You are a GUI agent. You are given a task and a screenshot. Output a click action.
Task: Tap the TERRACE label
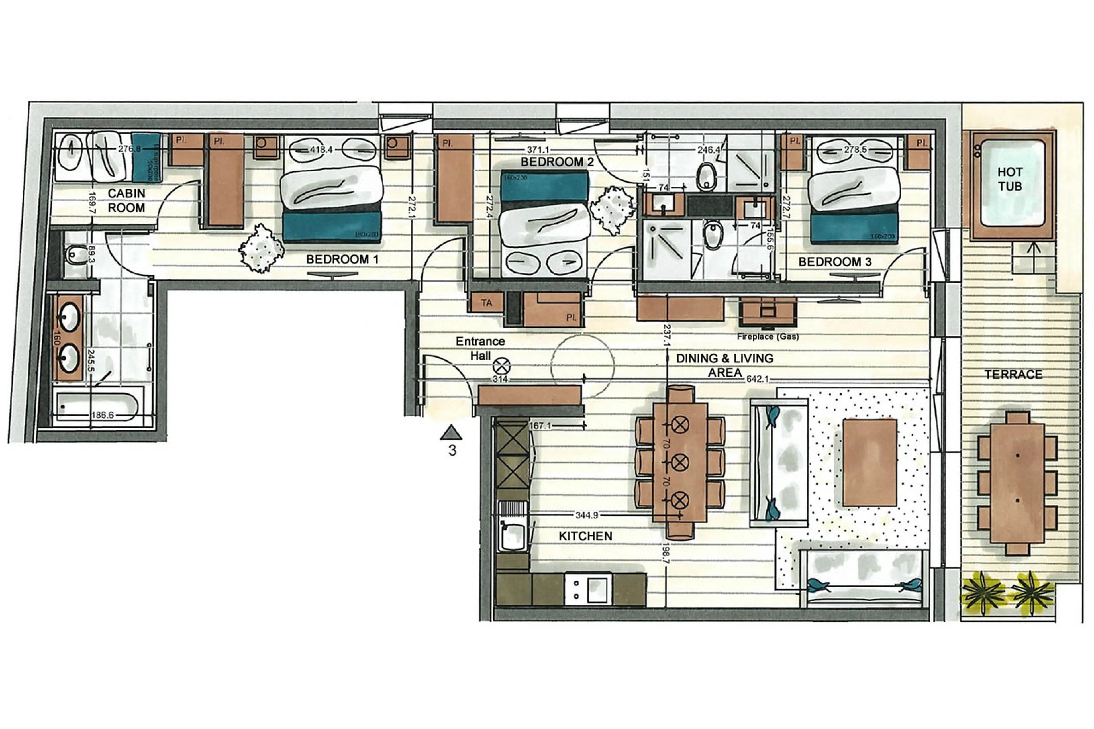click(x=1013, y=374)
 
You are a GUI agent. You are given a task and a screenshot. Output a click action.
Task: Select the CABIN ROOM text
click(x=126, y=200)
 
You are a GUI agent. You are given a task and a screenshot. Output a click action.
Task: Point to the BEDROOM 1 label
click(x=342, y=260)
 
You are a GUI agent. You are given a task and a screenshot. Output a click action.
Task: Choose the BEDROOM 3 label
click(x=834, y=262)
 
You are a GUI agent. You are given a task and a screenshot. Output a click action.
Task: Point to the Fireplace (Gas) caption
click(x=768, y=337)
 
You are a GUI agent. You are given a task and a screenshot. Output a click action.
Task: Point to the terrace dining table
click(x=1017, y=483)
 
